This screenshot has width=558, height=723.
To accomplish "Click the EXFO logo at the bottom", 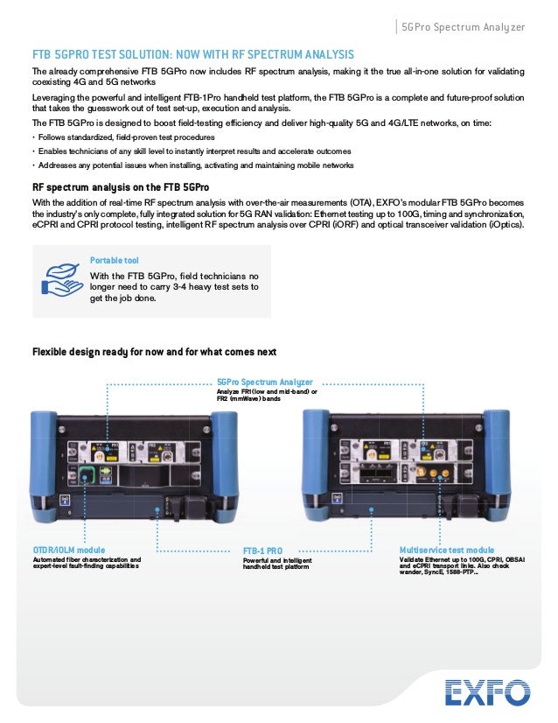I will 487,693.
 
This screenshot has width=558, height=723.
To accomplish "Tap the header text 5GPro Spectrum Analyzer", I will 462,27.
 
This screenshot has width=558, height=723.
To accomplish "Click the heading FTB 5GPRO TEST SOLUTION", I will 193,54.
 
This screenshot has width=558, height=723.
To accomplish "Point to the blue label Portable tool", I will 114,260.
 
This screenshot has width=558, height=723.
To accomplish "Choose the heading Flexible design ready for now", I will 154,352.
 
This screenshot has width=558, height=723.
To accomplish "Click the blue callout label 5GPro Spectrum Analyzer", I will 264,382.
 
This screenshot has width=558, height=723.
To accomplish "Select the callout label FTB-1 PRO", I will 263,551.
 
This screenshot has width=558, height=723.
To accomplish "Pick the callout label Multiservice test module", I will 446,550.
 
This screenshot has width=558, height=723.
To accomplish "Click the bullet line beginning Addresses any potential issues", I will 192,165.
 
